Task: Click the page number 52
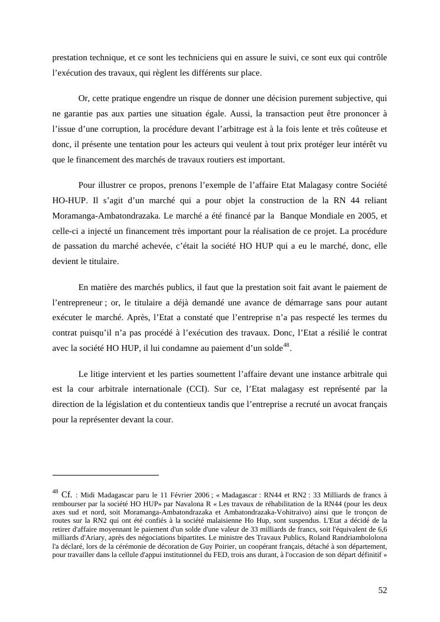tap(382, 590)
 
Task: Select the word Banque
tap(294, 216)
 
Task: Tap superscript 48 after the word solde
tap(286, 346)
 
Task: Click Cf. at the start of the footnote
tap(67, 494)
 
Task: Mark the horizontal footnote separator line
tap(106, 474)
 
